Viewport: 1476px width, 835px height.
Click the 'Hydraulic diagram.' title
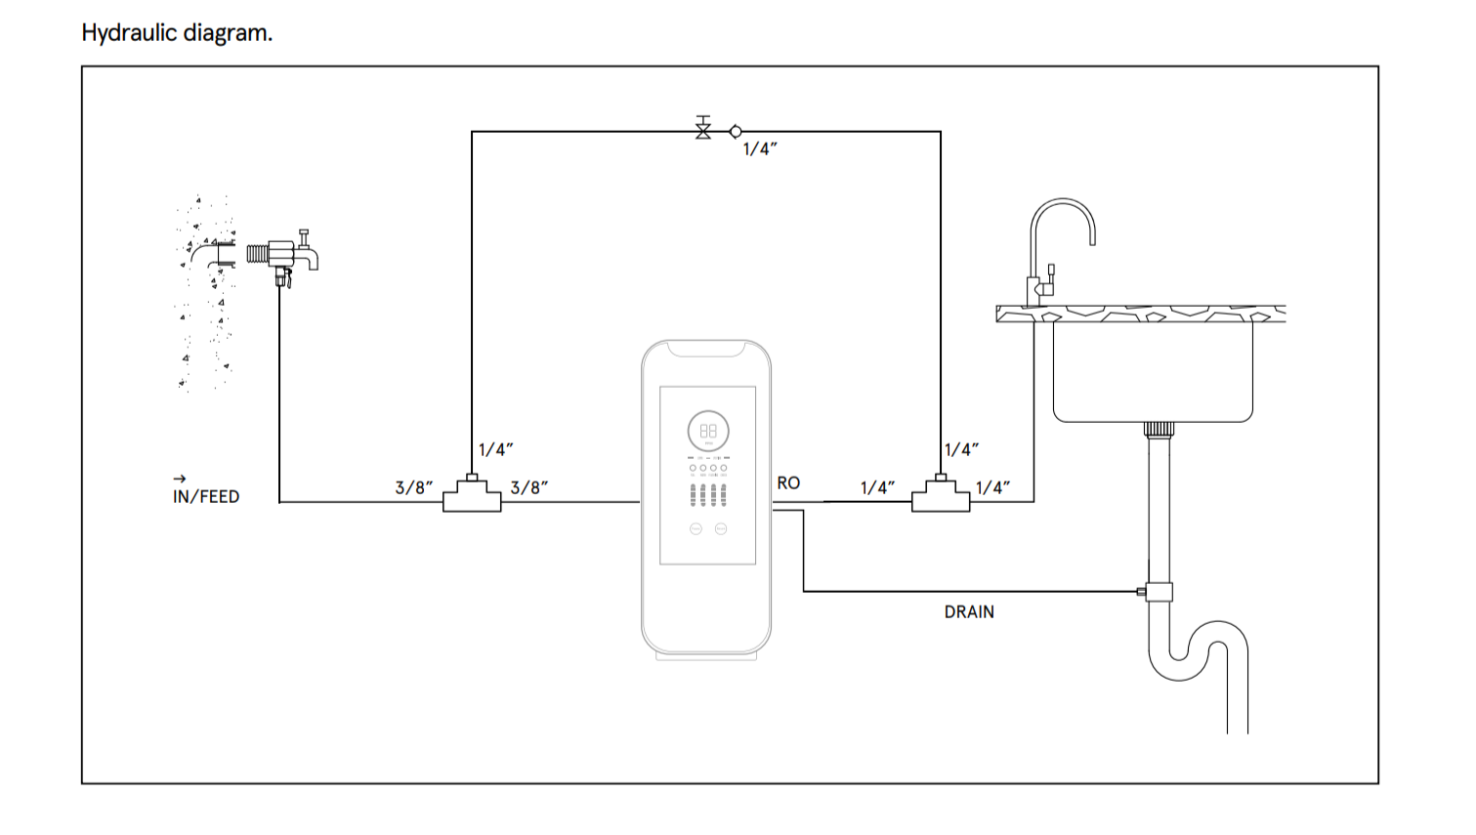(177, 33)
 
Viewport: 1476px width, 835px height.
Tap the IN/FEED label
(206, 496)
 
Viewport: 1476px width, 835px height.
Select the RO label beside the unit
(788, 482)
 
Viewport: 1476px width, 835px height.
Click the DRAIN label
(969, 611)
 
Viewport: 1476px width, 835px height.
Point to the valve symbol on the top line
(703, 129)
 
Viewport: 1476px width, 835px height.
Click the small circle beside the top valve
(736, 131)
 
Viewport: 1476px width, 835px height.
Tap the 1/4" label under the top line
(760, 149)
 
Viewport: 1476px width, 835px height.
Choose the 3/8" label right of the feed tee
(529, 487)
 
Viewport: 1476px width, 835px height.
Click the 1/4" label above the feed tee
(495, 449)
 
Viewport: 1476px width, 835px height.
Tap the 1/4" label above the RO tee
(961, 449)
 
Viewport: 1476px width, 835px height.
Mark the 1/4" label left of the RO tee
(877, 487)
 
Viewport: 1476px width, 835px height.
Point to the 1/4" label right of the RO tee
(992, 487)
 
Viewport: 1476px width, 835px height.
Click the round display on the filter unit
(708, 431)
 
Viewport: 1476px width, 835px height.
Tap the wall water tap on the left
(289, 255)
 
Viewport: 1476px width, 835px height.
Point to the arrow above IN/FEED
(179, 479)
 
